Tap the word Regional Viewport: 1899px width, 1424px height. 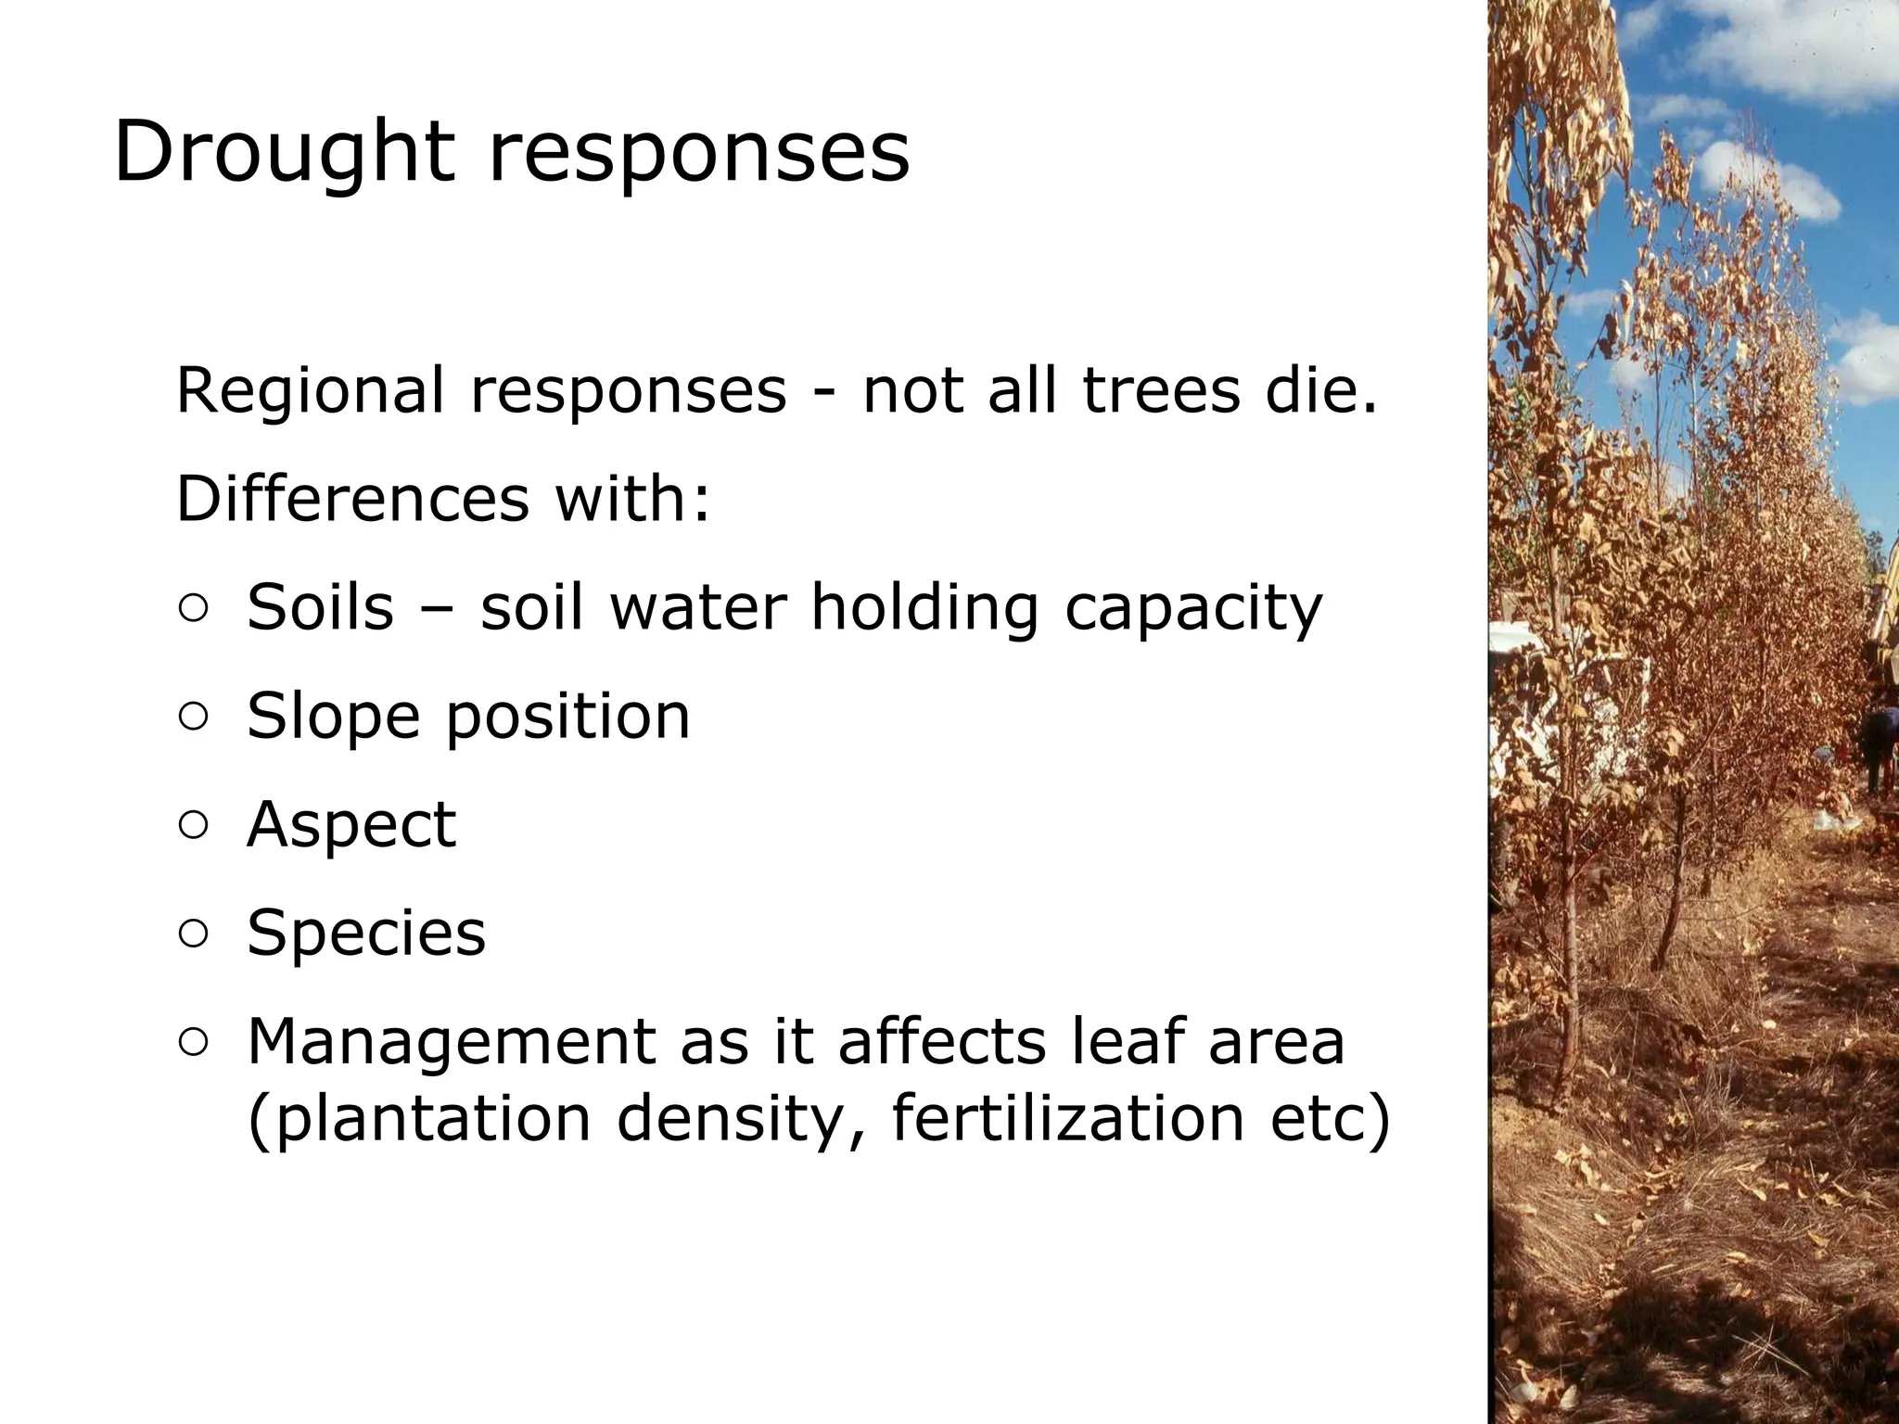click(x=310, y=390)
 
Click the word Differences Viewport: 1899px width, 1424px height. click(x=352, y=499)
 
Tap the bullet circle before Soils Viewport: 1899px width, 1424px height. click(x=193, y=609)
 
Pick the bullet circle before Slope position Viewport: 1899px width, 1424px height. click(x=193, y=717)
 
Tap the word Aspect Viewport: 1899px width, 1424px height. click(x=351, y=825)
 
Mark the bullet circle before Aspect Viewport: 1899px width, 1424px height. click(x=193, y=825)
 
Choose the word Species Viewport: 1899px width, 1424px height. click(x=365, y=934)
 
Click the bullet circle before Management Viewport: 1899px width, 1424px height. click(x=193, y=1042)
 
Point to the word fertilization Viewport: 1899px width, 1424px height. click(x=1067, y=1118)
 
